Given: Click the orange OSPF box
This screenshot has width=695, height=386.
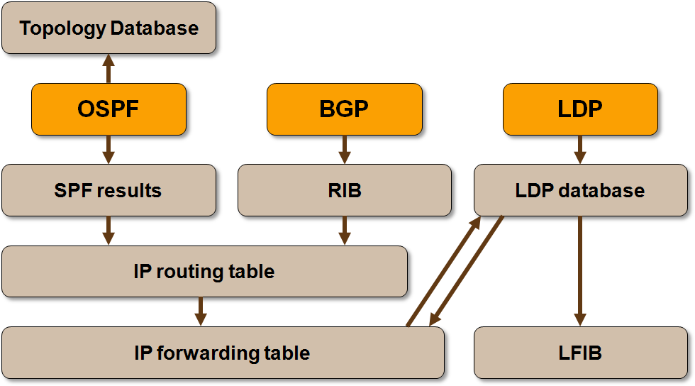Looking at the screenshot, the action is pos(109,109).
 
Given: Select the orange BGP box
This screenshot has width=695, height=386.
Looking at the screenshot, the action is pos(345,109).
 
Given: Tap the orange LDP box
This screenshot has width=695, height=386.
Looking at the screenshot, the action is pos(580,109).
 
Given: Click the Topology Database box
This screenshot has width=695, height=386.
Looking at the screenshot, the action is pos(109,28).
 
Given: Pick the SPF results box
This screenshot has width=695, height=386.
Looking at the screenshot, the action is pos(109,190).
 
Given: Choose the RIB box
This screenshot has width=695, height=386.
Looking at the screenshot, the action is pos(345,190).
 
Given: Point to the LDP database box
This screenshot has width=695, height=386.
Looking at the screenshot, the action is pos(581,190).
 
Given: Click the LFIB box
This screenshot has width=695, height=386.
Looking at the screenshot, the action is pos(581,353).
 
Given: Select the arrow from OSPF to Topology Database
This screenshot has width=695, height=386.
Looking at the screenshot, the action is pos(109,69).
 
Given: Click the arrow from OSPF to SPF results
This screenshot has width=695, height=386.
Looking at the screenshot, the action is pos(109,150).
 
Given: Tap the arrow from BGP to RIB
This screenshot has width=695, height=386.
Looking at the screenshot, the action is pos(345,150).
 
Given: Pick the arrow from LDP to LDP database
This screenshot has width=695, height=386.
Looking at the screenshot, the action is pos(580,150).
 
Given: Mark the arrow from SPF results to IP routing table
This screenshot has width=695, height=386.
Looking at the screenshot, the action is pos(109,231).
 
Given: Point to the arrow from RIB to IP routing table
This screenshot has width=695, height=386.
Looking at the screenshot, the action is pos(345,231).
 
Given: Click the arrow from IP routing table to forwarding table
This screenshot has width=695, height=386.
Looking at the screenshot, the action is pos(201,311).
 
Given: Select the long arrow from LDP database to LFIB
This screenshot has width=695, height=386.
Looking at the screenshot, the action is pos(580,272).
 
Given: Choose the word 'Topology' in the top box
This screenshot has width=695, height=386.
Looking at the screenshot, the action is pos(62,29).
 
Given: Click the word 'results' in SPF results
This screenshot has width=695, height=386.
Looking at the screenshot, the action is pos(129,191).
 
